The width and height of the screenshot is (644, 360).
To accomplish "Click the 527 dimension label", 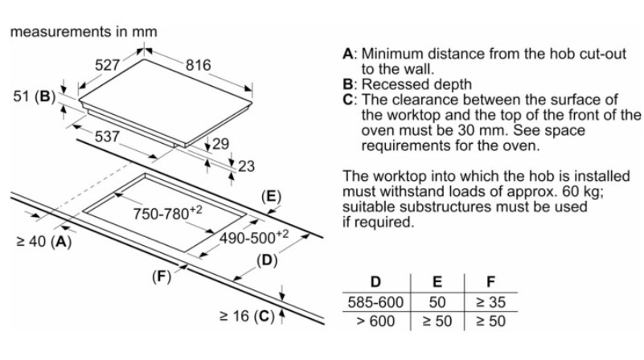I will (x=108, y=65).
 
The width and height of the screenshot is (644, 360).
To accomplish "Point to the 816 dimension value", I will (x=199, y=65).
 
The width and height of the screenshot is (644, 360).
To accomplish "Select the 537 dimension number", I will (x=107, y=136).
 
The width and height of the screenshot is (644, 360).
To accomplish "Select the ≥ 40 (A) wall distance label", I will (x=40, y=240).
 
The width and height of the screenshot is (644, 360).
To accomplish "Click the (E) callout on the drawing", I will (x=272, y=195).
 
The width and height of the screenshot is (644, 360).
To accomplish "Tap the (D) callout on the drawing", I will (x=266, y=260).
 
